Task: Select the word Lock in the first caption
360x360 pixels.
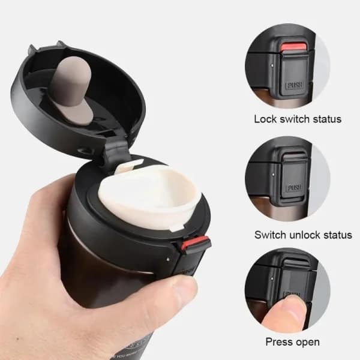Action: tap(266, 119)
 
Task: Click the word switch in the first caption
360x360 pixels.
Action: tap(294, 119)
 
